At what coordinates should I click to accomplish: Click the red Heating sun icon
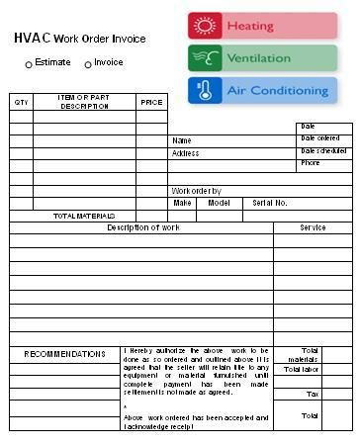206,26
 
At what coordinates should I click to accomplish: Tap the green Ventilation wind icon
206,58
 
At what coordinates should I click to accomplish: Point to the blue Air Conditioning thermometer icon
206,91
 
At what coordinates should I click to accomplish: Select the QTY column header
21,102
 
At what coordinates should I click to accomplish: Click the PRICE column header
151,102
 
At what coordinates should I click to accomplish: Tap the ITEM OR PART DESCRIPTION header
84,101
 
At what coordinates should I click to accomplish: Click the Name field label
182,141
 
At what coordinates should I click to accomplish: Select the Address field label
186,153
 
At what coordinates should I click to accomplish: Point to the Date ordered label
320,138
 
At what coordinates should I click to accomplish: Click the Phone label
311,162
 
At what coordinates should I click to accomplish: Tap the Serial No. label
270,203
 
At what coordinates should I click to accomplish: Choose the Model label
219,203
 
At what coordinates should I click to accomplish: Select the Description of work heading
143,227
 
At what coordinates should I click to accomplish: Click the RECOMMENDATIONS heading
64,354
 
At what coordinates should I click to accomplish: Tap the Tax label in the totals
313,394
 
